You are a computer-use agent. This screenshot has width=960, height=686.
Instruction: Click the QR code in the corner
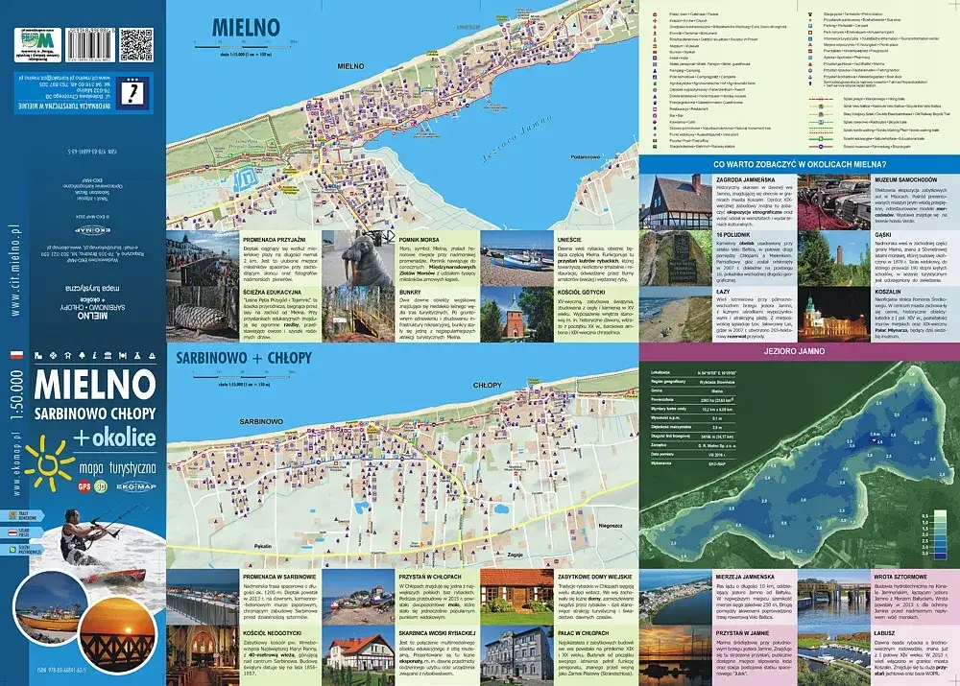tap(136, 44)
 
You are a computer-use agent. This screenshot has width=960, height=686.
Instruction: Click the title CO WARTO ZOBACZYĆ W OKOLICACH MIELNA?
tap(798, 165)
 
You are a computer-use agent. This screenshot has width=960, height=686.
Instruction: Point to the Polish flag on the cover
tap(15, 355)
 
